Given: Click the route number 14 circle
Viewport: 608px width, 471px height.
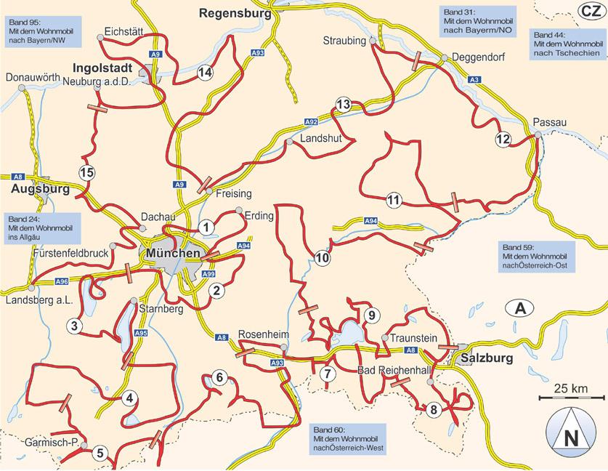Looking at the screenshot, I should tap(205, 71).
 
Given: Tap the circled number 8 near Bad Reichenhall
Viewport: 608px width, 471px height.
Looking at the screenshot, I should tap(434, 409).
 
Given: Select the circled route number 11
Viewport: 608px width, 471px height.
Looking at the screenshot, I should tap(394, 200).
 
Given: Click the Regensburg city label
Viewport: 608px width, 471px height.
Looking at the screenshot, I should tap(234, 12).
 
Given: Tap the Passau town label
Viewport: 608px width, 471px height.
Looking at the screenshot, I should tap(544, 123).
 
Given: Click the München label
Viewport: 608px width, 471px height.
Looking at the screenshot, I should tap(172, 253).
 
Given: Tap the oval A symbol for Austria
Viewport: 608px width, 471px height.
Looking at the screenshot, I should tap(520, 307).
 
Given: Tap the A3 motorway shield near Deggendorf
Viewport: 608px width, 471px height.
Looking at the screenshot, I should tap(474, 78).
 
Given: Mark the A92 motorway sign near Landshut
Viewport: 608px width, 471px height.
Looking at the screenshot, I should tap(310, 122).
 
